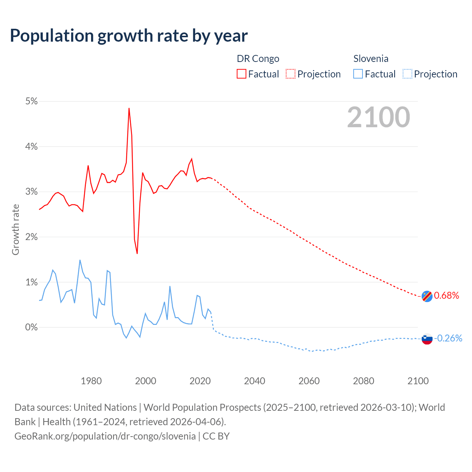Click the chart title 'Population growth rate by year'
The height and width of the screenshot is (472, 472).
coord(129,36)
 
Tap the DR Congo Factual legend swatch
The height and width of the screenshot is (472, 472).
coord(242,74)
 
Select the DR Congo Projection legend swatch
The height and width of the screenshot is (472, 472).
coord(291,74)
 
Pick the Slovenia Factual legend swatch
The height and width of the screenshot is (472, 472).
coord(358,74)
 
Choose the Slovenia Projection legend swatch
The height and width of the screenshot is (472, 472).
coord(407,74)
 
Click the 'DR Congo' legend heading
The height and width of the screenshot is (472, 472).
coord(258,59)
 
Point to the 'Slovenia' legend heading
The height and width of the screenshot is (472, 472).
coord(371,59)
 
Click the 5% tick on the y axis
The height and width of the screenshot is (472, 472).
coord(31,101)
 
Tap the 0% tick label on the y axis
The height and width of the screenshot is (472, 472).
coord(31,327)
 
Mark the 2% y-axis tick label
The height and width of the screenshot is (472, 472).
coord(31,237)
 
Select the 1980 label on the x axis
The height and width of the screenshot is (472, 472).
coord(91,381)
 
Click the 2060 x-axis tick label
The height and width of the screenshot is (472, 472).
coord(309,381)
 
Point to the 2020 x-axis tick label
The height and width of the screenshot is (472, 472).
coord(200,381)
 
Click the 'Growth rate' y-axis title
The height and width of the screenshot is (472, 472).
coord(15,229)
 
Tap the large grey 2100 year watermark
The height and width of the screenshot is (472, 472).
coord(378,117)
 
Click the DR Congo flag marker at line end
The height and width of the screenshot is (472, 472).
coord(427,296)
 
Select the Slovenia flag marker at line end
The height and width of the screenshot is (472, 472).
coord(427,339)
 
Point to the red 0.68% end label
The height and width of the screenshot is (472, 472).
coord(447,295)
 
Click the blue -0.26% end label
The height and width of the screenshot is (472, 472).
coord(448,338)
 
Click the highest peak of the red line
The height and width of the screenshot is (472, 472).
coord(129,108)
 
